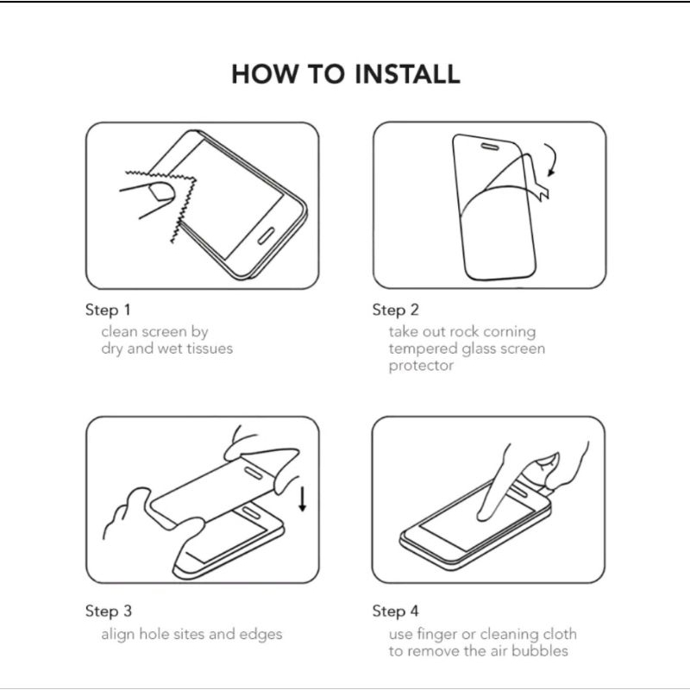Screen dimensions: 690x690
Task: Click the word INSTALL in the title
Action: [407, 74]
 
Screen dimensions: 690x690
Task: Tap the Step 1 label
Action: [108, 310]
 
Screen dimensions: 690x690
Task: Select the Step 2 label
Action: [395, 310]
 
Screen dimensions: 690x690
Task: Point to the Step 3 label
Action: [109, 612]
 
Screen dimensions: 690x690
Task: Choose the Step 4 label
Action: [395, 612]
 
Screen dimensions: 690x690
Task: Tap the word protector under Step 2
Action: [421, 366]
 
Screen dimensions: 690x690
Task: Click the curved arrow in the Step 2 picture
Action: [553, 160]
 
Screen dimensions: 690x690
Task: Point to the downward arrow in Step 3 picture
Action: [303, 499]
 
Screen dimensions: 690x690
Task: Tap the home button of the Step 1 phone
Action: [266, 235]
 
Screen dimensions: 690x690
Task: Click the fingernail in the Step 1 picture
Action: [160, 191]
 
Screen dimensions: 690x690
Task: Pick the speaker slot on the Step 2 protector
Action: [489, 147]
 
